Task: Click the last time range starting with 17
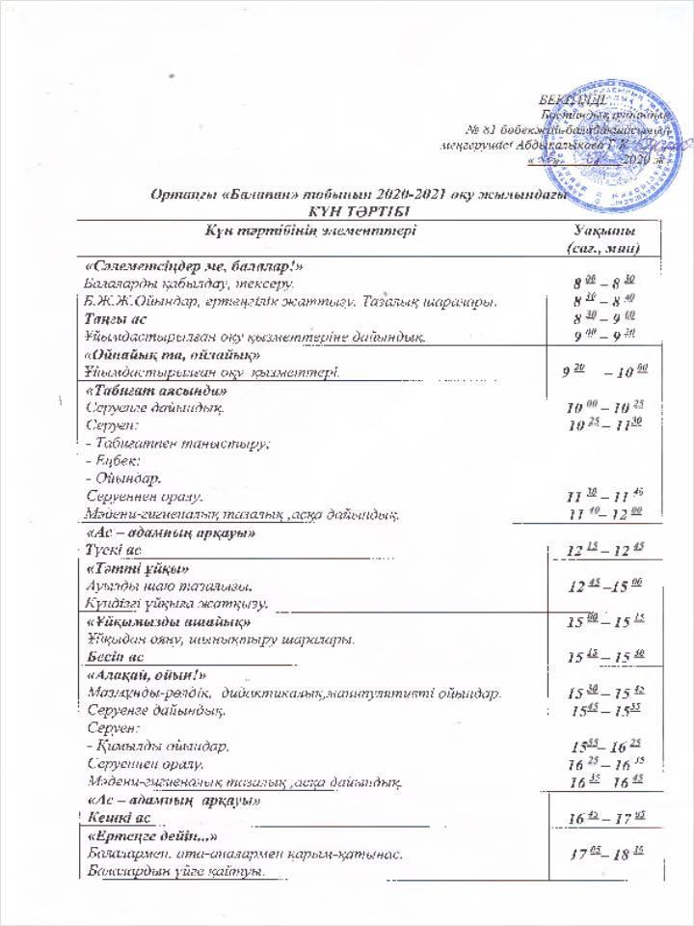599,854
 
